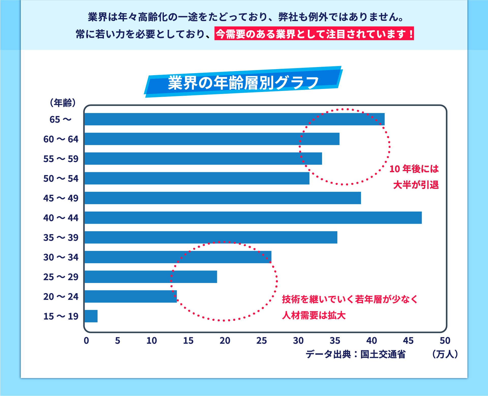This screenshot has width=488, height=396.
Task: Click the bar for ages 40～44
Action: point(253,218)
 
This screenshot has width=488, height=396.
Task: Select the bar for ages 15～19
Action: point(91,316)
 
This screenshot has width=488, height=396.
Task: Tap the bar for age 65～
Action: point(234,119)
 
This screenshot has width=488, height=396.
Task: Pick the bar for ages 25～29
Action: point(151,277)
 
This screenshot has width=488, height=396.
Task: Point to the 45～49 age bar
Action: point(223,198)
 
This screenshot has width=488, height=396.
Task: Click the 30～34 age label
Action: point(61,257)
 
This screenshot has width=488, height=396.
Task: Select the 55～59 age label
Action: point(61,159)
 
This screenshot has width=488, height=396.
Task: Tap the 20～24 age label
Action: point(61,297)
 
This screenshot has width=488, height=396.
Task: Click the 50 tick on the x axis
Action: point(445,341)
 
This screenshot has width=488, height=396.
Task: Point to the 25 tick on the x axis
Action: point(261,341)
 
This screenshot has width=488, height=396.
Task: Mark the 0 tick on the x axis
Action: point(86,341)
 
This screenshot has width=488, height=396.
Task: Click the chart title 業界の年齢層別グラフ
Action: point(243,83)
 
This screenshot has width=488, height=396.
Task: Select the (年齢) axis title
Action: point(63,103)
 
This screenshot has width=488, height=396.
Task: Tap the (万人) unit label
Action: point(445,354)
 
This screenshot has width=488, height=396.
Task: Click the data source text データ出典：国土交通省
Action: point(355,354)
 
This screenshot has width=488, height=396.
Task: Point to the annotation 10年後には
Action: point(414,169)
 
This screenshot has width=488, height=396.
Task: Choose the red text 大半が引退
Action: point(416,185)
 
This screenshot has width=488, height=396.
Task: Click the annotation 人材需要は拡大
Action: point(314,315)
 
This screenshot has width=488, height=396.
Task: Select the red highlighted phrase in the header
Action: point(314,34)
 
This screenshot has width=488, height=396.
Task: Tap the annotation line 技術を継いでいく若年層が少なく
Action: point(350,299)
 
